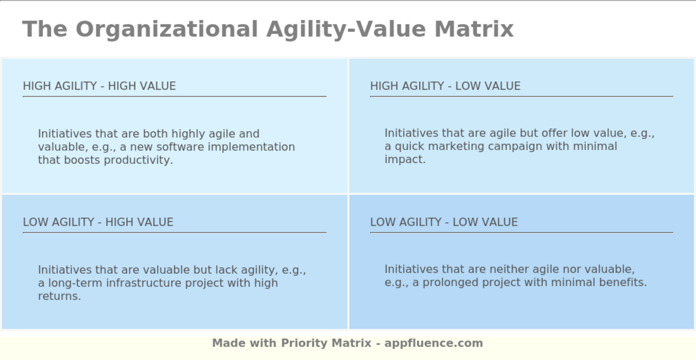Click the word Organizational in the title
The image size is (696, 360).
[167, 29]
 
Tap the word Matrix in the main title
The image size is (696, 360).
[474, 29]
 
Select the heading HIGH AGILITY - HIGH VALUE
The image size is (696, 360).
[99, 86]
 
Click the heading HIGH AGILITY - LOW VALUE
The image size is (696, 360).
[445, 86]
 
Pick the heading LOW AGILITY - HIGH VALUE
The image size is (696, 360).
[98, 222]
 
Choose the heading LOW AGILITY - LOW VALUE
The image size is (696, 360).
[443, 222]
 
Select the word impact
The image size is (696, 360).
[404, 160]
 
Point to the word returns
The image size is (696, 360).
[59, 296]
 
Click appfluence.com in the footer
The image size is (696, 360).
[434, 343]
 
